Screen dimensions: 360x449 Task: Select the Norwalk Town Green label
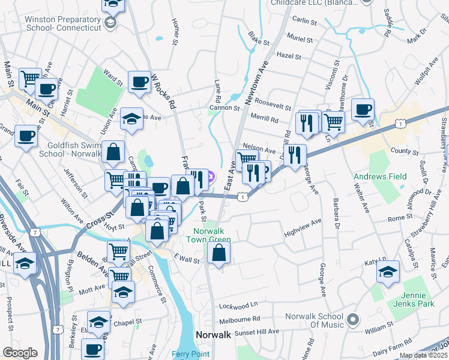click(212, 235)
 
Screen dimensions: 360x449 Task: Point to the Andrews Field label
click(379, 176)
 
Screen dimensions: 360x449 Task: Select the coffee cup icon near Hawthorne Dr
click(363, 110)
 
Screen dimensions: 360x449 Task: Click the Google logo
click(20, 352)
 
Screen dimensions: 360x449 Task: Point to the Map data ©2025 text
click(423, 355)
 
